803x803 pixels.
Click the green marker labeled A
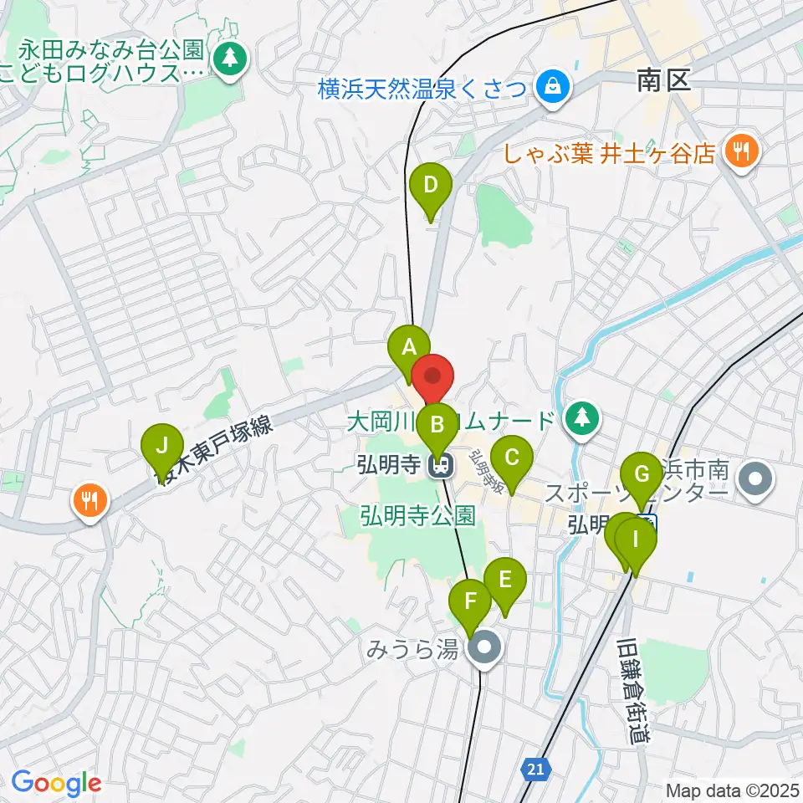coord(410,347)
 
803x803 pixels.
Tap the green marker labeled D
coord(431,186)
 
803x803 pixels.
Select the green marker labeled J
coord(162,445)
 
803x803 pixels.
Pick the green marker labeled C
coord(511,458)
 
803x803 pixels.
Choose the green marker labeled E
coord(504,579)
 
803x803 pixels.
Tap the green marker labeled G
coord(642,475)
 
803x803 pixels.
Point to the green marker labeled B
coord(437,424)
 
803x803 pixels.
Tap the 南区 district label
coord(662,80)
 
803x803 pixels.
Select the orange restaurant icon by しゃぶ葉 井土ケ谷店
coord(740,151)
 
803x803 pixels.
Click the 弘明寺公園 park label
coord(418,516)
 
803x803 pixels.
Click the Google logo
coord(56,783)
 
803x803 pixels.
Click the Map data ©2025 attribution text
coord(733,790)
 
